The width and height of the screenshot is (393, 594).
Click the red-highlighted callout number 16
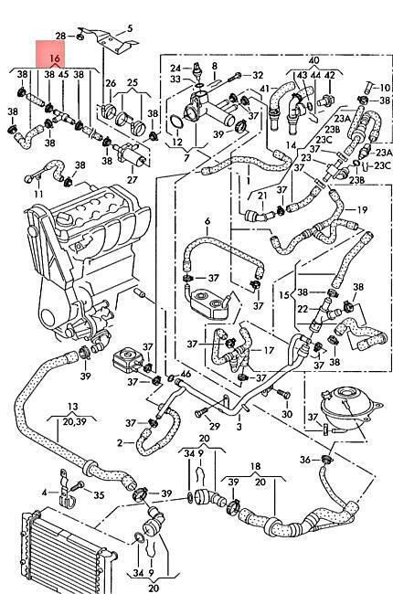(x=55, y=58)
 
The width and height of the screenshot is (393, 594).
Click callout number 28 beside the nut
(x=60, y=36)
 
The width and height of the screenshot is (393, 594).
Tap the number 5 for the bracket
(x=130, y=28)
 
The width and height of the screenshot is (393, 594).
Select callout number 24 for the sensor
(x=175, y=69)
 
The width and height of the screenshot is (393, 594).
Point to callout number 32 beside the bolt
(x=258, y=75)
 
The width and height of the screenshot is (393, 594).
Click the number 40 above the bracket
(x=313, y=60)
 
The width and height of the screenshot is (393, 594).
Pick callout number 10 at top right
(x=385, y=88)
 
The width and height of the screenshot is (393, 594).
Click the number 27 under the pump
(x=132, y=179)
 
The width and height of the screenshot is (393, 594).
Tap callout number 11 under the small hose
(x=38, y=194)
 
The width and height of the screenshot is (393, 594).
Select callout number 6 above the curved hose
(x=207, y=221)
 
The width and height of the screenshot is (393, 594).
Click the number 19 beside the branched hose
(x=362, y=209)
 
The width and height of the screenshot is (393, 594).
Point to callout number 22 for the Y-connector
(x=303, y=309)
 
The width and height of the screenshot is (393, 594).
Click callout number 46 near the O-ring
(x=186, y=375)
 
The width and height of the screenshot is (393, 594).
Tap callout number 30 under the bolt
(x=287, y=414)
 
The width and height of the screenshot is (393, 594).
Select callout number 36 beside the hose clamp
(x=305, y=460)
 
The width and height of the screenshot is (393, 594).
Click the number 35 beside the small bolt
(x=99, y=494)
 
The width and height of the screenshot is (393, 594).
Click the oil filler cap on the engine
(x=64, y=219)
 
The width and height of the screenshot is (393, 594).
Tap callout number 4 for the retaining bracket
(x=45, y=493)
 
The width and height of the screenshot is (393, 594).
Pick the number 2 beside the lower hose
(x=120, y=442)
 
